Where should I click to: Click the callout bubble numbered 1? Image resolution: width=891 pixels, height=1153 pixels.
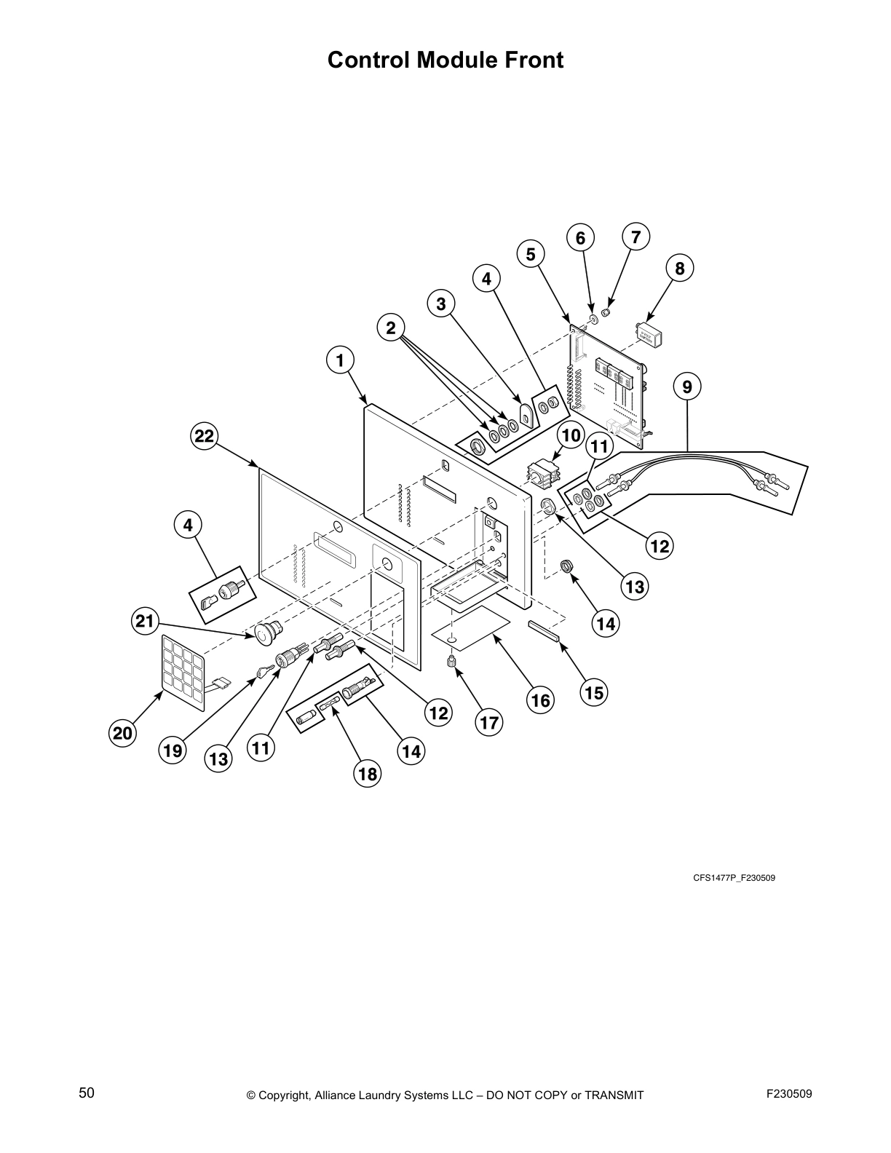(x=339, y=360)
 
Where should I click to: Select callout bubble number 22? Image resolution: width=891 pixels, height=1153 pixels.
(x=205, y=436)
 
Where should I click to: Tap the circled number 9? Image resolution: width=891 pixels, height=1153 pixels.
(x=687, y=387)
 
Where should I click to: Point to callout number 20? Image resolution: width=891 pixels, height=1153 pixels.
(x=123, y=733)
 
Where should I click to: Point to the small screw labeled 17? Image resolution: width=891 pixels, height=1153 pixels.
(x=451, y=662)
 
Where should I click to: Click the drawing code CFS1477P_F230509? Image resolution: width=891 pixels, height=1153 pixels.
(x=733, y=878)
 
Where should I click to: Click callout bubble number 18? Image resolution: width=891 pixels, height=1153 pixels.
(x=368, y=774)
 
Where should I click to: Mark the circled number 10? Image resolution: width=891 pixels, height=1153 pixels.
(x=571, y=436)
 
